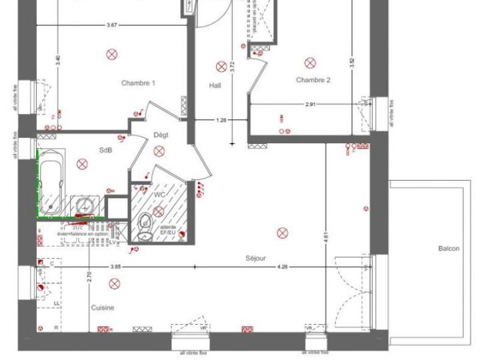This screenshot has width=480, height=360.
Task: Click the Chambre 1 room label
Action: click(x=138, y=83)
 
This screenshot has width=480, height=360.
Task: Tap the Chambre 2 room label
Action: click(x=313, y=80)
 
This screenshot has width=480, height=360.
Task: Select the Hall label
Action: click(x=215, y=85)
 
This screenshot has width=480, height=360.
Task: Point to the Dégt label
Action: click(x=161, y=135)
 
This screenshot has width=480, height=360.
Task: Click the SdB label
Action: click(x=105, y=150)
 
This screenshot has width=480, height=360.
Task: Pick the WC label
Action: click(x=159, y=194)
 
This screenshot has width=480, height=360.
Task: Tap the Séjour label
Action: click(x=255, y=258)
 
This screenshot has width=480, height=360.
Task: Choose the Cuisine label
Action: click(x=103, y=308)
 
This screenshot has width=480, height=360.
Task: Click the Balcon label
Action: click(x=448, y=249)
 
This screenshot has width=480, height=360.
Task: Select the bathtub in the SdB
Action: click(x=51, y=182)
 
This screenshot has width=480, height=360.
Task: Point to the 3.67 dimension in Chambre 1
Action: click(x=112, y=25)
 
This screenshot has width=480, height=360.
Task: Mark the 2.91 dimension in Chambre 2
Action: click(x=311, y=105)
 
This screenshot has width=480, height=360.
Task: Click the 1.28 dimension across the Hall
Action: click(x=221, y=121)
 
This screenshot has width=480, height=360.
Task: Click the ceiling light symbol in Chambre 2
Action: click(x=310, y=63)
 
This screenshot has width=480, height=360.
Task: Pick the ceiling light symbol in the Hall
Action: click(x=221, y=66)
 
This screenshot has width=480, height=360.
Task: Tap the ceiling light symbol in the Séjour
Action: click(x=282, y=233)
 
